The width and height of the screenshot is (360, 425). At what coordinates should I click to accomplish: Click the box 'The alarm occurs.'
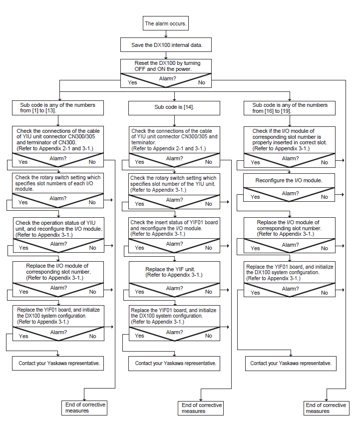166,23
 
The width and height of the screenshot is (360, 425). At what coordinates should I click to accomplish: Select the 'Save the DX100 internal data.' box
166,45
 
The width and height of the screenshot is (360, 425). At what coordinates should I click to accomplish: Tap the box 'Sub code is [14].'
174,107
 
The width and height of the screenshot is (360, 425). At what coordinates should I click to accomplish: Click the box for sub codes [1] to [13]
58,108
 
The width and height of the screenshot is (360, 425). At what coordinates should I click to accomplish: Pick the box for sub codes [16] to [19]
290,108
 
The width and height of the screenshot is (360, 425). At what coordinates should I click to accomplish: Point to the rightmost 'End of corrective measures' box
326,408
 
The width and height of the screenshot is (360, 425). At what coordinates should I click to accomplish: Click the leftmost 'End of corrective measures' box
84,408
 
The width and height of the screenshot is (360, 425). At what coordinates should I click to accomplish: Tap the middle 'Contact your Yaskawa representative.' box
174,364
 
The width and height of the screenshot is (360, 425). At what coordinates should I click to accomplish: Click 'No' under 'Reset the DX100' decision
201,83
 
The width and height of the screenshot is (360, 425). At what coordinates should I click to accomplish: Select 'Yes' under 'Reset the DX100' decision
132,83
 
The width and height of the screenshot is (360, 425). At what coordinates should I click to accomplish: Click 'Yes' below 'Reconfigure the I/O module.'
255,197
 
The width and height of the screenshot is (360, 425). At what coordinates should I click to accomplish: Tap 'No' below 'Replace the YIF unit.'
209,292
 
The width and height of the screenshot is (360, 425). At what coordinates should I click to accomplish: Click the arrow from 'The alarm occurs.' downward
166,34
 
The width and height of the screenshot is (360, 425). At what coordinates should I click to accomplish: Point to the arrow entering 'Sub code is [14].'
174,96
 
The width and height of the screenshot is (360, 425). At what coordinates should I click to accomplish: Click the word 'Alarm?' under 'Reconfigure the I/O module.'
290,194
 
